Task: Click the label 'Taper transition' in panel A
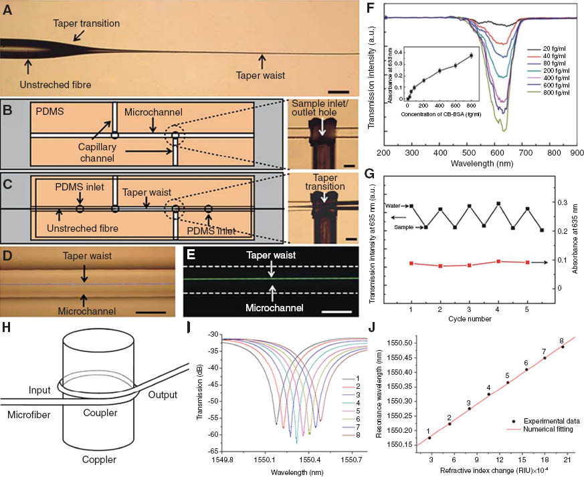[x=87, y=23]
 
